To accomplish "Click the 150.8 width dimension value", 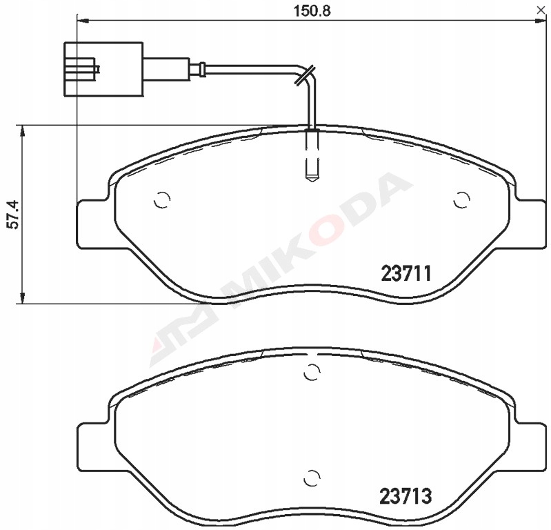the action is [312, 11].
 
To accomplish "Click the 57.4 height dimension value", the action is [14, 215].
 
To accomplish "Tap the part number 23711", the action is [406, 273].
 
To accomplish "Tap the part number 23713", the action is [405, 496].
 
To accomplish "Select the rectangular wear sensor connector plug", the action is [103, 69].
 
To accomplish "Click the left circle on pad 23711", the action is [162, 200].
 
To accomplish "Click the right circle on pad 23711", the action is [462, 200].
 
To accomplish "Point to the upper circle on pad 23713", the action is [312, 372].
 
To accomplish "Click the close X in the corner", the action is [541, 10].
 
